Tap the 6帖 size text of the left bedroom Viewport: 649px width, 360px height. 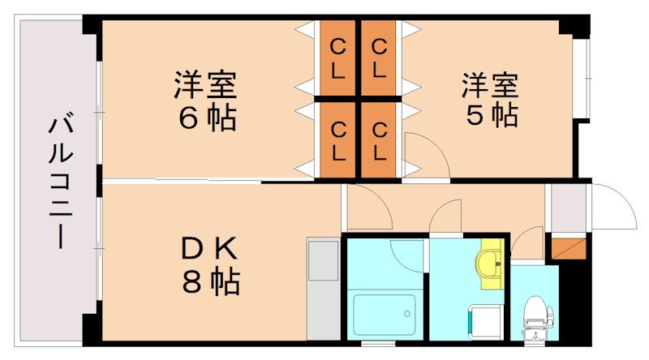[x=207, y=118]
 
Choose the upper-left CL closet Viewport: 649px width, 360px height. [x=338, y=58]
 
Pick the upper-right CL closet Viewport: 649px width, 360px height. [x=379, y=58]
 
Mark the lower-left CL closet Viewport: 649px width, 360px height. [x=338, y=139]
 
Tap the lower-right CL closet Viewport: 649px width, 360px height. [x=379, y=139]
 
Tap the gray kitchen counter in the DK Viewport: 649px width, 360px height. [x=322, y=289]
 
